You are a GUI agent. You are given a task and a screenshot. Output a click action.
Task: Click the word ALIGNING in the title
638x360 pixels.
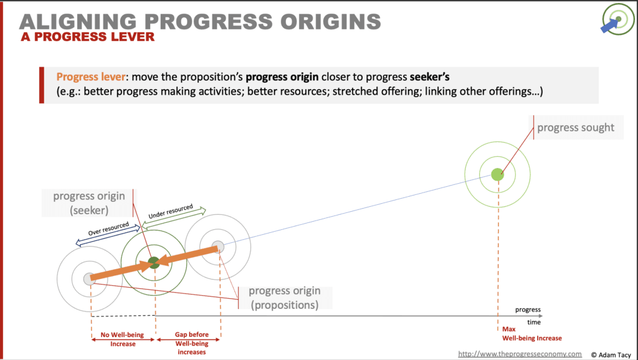pos(77,21)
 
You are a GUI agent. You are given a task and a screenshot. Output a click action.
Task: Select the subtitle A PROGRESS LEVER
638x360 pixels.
pos(87,37)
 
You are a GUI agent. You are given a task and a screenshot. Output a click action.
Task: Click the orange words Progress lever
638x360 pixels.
pos(90,77)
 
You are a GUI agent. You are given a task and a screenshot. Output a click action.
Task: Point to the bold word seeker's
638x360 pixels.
pos(430,77)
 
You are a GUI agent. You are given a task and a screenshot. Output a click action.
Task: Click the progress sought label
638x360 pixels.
pos(576,127)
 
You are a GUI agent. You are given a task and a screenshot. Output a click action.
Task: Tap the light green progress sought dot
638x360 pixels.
pos(497,174)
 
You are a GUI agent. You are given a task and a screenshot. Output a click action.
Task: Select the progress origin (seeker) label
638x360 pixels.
pos(88,202)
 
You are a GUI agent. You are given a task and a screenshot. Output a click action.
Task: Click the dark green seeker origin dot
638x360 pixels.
pos(154,263)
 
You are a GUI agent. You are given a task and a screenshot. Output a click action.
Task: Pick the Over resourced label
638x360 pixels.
pos(108,229)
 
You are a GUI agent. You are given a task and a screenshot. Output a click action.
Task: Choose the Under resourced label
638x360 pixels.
pos(171,212)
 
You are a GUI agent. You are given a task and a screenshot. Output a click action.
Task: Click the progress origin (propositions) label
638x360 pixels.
pos(284,298)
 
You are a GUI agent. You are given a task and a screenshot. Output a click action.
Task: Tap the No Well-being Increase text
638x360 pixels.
pos(123,339)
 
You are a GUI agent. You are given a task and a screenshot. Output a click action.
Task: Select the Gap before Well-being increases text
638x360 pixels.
pos(192,343)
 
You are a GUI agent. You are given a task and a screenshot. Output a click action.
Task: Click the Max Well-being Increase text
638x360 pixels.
pos(532,334)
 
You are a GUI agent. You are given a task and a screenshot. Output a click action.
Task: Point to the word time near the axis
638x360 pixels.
pos(534,322)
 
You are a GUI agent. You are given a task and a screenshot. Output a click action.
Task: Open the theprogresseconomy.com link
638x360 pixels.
pos(520,354)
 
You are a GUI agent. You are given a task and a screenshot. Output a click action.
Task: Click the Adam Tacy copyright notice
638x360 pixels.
pos(611,355)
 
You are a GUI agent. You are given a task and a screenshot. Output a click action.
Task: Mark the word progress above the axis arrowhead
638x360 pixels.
pos(528,310)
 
